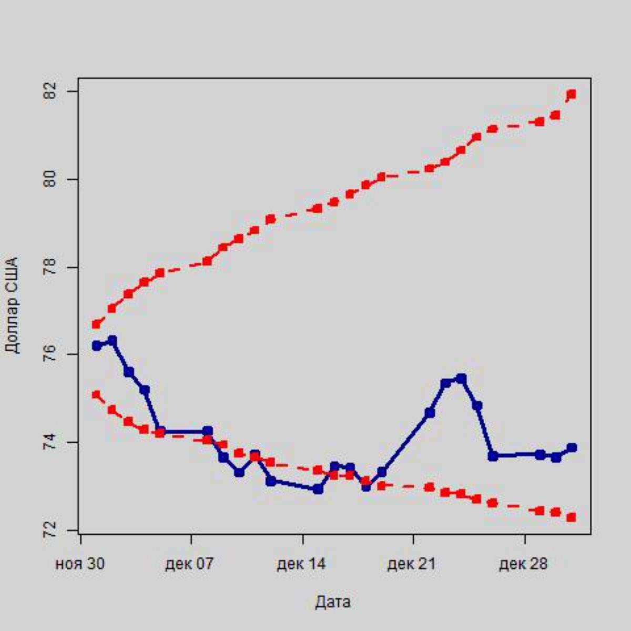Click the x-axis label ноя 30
pos(80,564)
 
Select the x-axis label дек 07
pos(190,564)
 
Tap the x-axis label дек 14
pos(302,564)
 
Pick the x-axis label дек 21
pos(413,564)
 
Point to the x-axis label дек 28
pos(524,564)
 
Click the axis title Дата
pos(333,602)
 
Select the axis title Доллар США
pos(12,305)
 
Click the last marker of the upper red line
pos(572,94)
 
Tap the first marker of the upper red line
pos(96,324)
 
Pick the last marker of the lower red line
pos(572,517)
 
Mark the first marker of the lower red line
pos(96,394)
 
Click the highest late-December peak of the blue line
pos(461,378)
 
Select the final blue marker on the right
pos(572,447)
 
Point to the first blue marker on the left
pos(96,345)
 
